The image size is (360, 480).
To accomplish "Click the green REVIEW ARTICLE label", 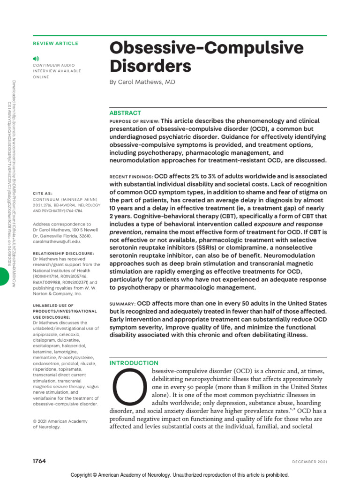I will point(55,44).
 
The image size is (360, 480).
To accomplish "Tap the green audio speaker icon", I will point(36,58).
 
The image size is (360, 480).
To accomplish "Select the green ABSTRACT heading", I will point(125,113).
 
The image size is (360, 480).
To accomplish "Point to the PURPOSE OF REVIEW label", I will point(134,121).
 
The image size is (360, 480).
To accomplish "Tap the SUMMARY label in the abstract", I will point(122,304).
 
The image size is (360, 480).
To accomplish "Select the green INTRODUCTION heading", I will point(134,363).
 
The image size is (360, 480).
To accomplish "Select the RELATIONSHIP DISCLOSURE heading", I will point(64,253).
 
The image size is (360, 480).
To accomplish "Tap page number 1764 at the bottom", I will point(39,461).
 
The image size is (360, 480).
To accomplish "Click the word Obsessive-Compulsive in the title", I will point(206,48).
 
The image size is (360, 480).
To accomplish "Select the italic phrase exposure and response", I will point(288,224).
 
